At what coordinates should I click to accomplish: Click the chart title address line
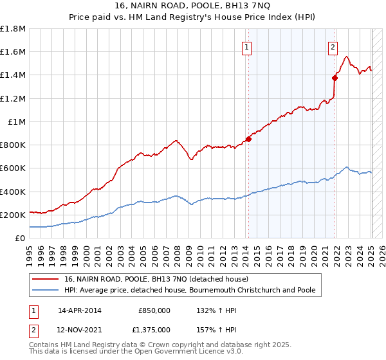pos(193,6)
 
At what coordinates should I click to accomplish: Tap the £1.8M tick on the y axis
pos(14,29)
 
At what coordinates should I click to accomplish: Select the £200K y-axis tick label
pos(14,215)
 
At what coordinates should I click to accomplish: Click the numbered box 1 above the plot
pos(248,46)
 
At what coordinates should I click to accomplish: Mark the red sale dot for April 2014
pos(248,139)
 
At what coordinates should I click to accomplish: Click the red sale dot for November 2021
pos(335,78)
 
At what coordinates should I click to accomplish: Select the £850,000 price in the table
pos(154,310)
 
